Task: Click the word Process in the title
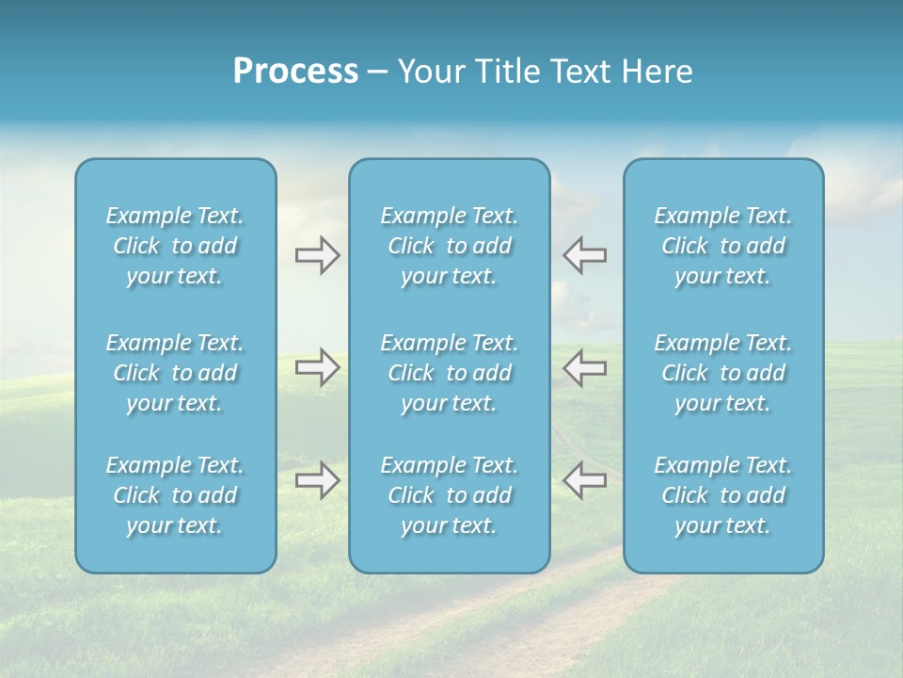(295, 72)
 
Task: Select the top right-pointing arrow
(317, 255)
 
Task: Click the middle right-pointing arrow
(317, 367)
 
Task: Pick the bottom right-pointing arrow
(317, 480)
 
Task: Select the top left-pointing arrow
(584, 255)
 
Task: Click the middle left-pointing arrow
(584, 367)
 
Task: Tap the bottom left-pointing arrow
(584, 480)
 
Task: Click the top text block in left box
(175, 246)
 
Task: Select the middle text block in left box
(175, 373)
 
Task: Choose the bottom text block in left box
(175, 495)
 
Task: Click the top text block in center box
(450, 246)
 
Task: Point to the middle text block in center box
(450, 373)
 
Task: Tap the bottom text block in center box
(450, 495)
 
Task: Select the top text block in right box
(723, 246)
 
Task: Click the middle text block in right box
(723, 373)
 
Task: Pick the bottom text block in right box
(723, 495)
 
